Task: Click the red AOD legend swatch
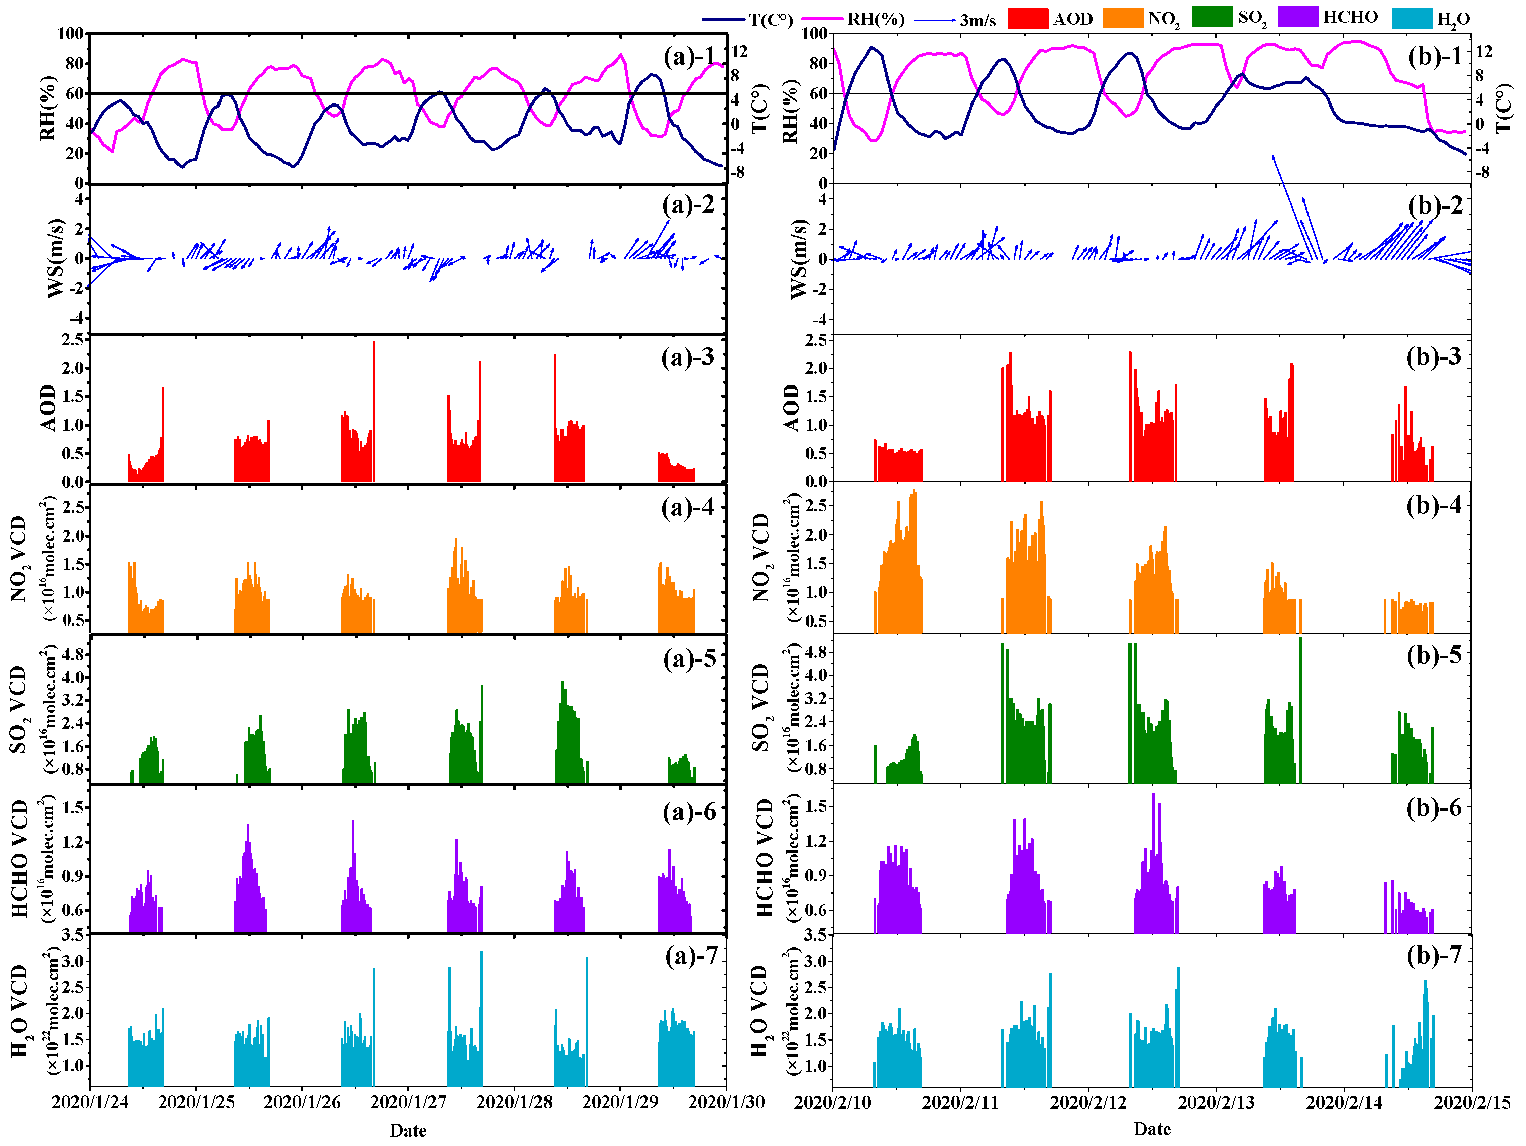coord(1027,18)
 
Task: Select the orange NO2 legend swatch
coord(1123,18)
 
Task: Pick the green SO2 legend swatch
coord(1212,17)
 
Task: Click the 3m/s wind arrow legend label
coord(977,21)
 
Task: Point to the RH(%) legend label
coord(876,19)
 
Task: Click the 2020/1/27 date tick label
coord(408,1102)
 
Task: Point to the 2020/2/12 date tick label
coord(1088,1102)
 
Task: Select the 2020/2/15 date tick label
coord(1472,1102)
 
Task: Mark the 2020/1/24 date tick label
coord(90,1102)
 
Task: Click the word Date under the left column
coord(408,1130)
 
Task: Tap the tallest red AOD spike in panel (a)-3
coord(374,411)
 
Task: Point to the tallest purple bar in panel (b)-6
coord(1153,863)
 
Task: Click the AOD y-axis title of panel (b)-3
coord(791,408)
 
